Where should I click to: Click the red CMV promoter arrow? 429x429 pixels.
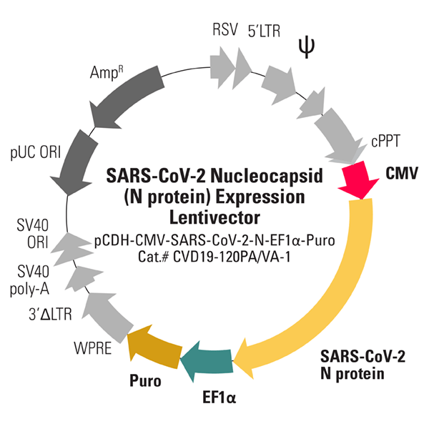click(x=363, y=181)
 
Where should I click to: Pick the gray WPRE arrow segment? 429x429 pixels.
click(x=104, y=308)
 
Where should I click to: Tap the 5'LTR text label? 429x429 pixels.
click(x=265, y=31)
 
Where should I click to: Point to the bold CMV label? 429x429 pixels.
click(x=402, y=173)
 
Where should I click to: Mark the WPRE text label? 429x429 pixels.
click(x=91, y=351)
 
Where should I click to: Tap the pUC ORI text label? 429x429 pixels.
click(x=35, y=152)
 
